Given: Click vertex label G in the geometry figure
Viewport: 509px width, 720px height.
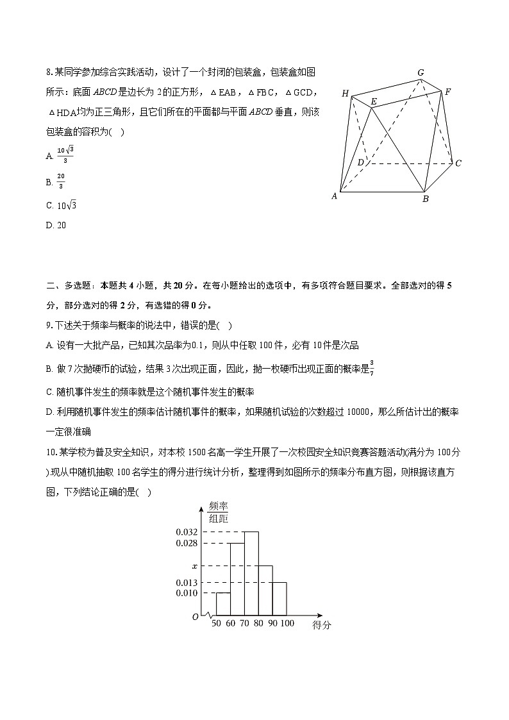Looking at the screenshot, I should pyautogui.click(x=421, y=72).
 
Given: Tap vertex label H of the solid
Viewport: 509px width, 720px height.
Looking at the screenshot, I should pyautogui.click(x=345, y=94).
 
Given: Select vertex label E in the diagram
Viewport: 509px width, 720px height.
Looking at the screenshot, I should pyautogui.click(x=373, y=101).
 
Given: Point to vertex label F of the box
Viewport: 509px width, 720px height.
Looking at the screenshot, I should pyautogui.click(x=448, y=92).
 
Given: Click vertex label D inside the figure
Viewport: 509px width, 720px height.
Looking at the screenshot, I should pyautogui.click(x=361, y=162).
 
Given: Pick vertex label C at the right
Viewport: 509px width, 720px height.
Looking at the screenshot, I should pyautogui.click(x=458, y=163).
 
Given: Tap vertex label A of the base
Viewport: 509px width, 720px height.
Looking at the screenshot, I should pyautogui.click(x=334, y=196).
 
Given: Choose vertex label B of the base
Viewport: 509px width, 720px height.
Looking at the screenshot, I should pyautogui.click(x=425, y=199).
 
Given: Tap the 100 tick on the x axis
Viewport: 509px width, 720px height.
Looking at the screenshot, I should pyautogui.click(x=287, y=624).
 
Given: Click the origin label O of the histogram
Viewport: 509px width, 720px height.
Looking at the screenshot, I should pyautogui.click(x=196, y=617).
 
